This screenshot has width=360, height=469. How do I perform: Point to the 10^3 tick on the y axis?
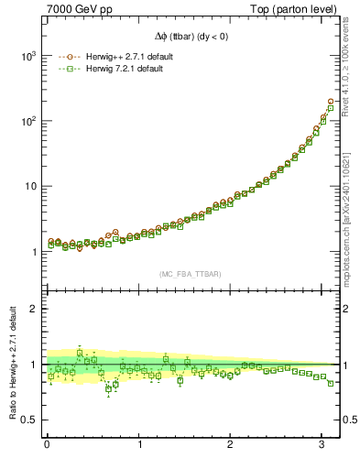(x=27, y=56)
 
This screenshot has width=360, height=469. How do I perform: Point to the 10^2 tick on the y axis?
(x=27, y=121)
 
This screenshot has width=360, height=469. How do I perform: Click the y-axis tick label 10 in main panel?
(x=29, y=186)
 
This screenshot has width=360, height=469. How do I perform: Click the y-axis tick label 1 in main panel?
(x=33, y=252)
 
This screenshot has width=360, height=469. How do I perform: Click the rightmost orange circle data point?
(x=331, y=102)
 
